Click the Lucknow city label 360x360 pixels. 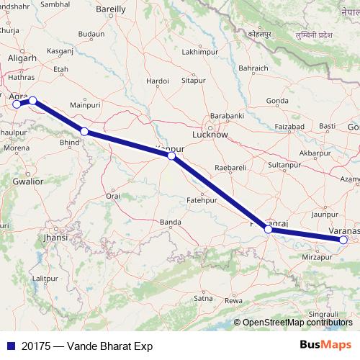210,135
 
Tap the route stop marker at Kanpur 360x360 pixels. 171,156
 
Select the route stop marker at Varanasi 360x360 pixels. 343,240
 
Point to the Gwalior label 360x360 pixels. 27,181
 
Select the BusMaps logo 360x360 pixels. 326,346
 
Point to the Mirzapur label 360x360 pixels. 317,256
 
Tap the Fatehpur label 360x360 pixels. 202,199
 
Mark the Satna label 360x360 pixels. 204,297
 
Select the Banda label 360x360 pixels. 171,222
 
